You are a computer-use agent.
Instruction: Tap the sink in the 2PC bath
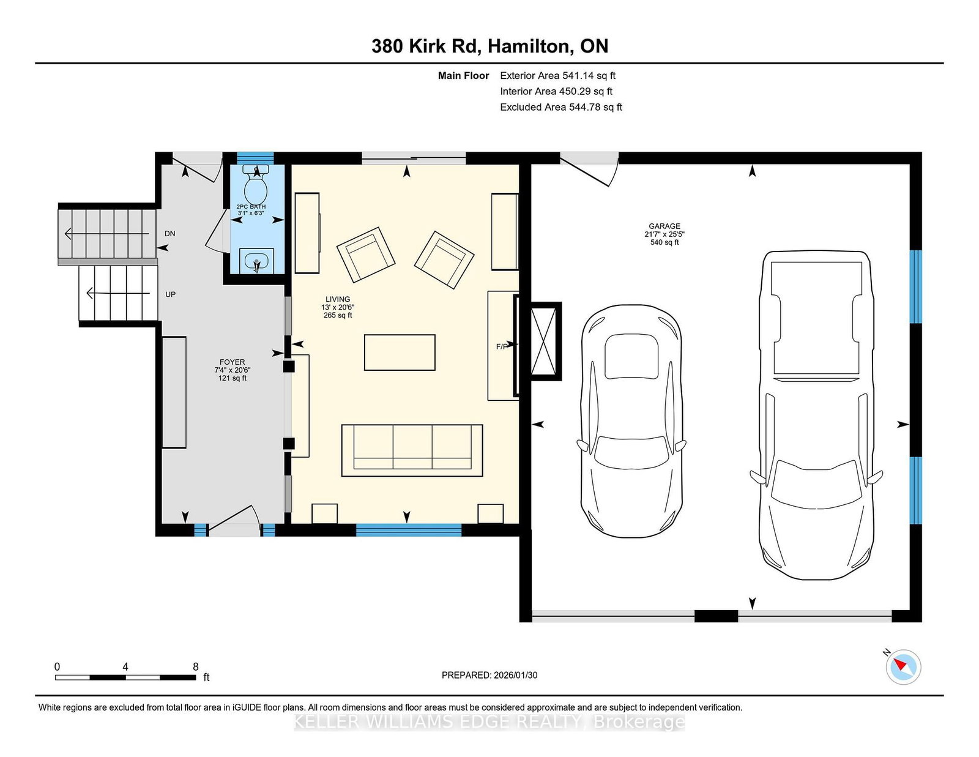click(256, 261)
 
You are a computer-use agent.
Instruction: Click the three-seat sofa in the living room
click(412, 450)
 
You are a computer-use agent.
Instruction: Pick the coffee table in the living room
click(400, 352)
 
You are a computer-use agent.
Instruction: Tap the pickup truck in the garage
click(816, 414)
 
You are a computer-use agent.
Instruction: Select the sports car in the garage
click(631, 421)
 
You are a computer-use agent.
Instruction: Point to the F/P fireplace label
click(502, 346)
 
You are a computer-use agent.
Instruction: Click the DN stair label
click(170, 233)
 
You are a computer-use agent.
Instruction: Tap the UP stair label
click(170, 294)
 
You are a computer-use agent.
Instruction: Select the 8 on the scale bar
click(196, 666)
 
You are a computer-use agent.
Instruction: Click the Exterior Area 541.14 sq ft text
click(558, 76)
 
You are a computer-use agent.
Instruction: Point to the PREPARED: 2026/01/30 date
click(489, 675)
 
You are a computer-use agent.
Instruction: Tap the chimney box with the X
click(546, 341)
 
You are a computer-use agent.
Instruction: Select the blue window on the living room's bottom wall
click(409, 530)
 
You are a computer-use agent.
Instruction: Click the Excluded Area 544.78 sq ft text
click(561, 107)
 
